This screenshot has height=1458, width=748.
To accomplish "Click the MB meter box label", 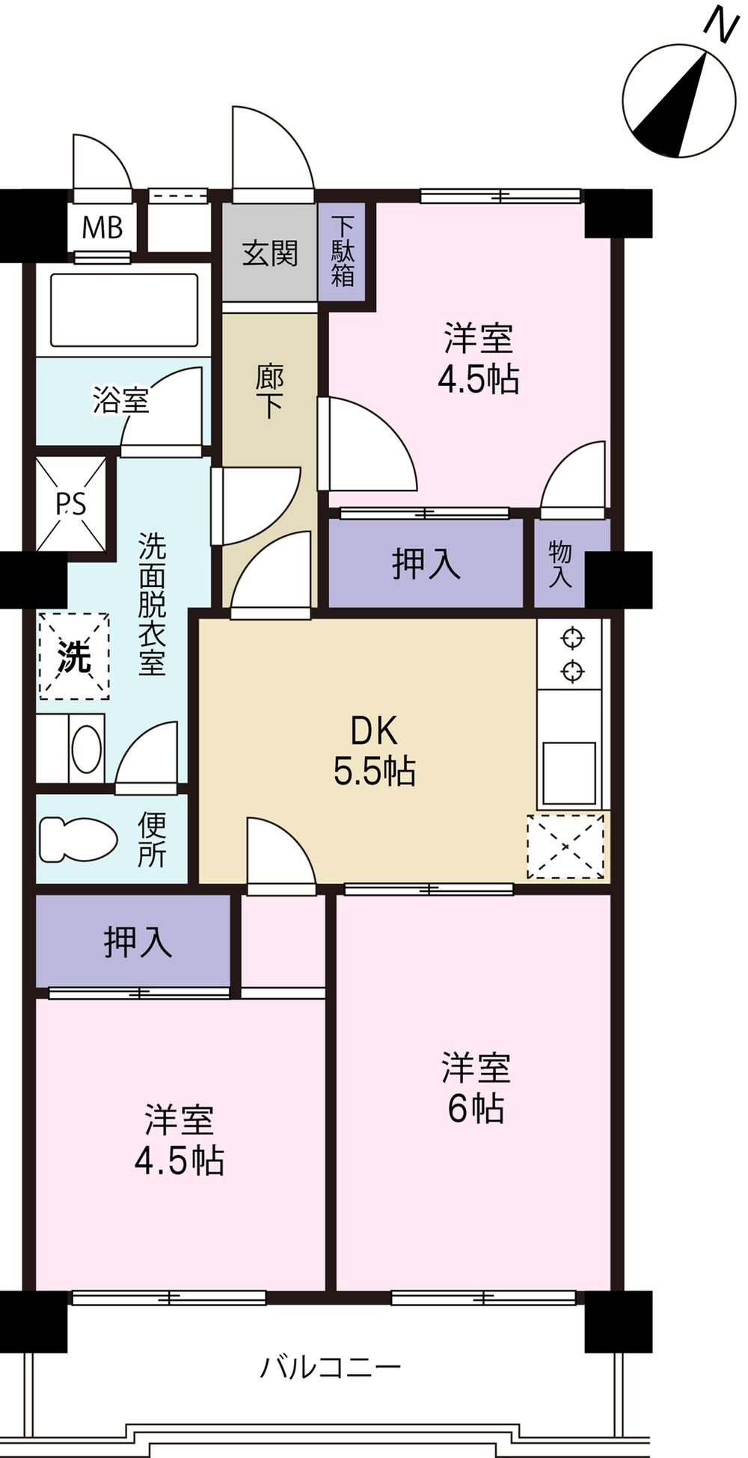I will tap(102, 226).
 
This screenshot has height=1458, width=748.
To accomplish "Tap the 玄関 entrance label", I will tap(269, 253).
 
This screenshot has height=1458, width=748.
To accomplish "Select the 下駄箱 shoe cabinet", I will tap(343, 251).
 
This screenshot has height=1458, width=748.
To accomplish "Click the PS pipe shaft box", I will tap(71, 505).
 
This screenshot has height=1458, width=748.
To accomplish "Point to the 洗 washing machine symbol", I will tap(74, 656).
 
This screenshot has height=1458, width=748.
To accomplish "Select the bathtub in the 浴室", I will tap(123, 310).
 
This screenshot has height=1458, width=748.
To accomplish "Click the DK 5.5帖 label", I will tap(374, 751).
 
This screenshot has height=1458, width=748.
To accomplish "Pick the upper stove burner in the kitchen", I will tap(572, 639).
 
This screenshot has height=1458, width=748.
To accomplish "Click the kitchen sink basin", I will tap(569, 772).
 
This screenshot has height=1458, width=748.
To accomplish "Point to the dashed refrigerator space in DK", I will tap(565, 846).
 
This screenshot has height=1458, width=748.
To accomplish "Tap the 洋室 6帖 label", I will tap(476, 1087).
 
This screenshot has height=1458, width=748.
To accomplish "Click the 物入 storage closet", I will tap(560, 563).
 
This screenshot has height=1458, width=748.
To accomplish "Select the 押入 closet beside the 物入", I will tap(426, 563).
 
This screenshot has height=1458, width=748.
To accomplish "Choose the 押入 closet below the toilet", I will tap(137, 941).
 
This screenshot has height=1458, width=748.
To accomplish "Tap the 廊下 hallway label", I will tap(269, 390).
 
